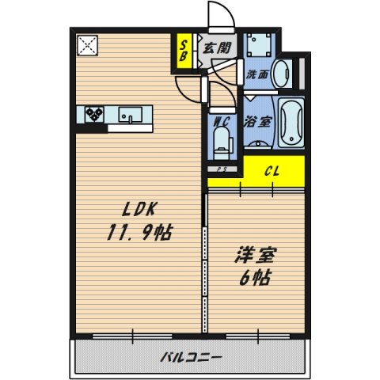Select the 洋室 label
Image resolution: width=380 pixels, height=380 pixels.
click(253, 257)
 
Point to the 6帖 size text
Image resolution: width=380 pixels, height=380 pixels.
click(253, 279)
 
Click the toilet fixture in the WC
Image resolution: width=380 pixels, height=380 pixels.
click(222, 145)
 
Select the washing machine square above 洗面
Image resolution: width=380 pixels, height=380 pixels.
click(259, 46)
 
